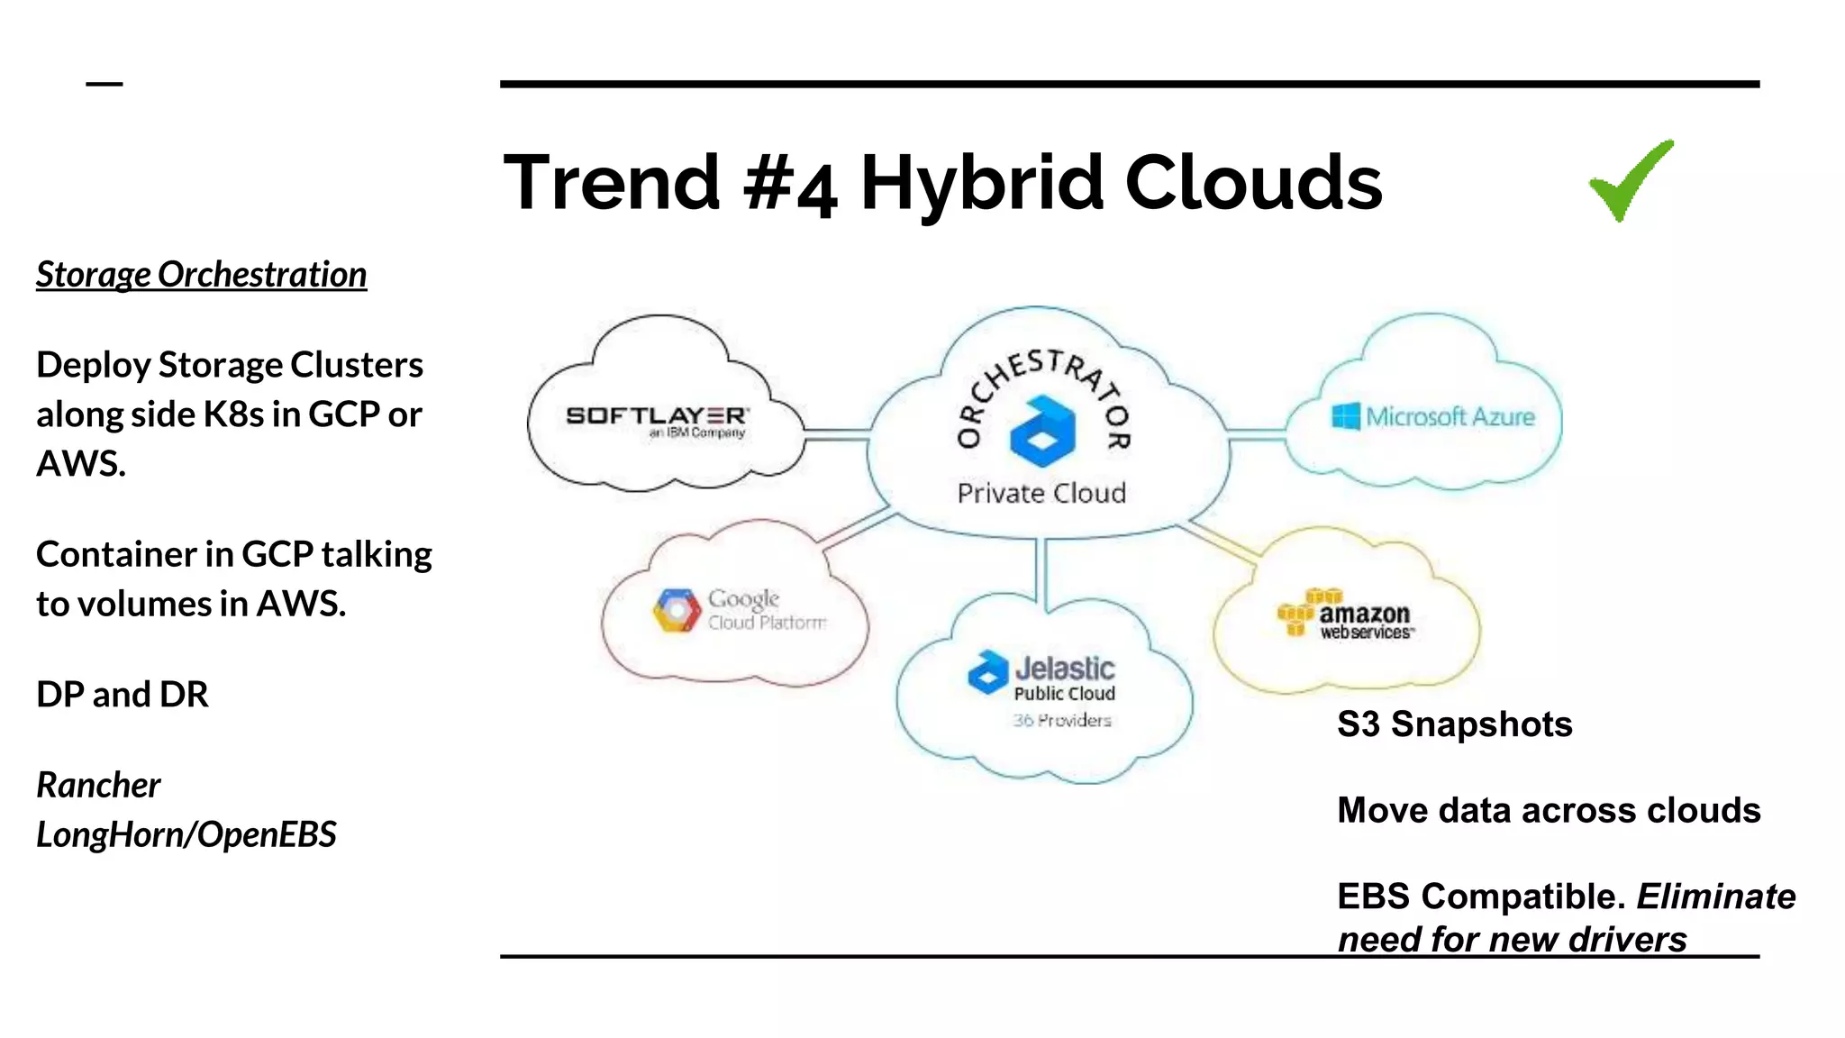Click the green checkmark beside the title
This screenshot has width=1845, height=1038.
pyautogui.click(x=1629, y=182)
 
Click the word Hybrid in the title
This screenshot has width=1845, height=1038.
pyautogui.click(x=982, y=184)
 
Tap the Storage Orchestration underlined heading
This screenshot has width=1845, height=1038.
pyautogui.click(x=201, y=275)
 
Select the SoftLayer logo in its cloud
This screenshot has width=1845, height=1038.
pyautogui.click(x=657, y=417)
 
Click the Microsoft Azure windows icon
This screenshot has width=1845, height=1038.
pyautogui.click(x=1346, y=416)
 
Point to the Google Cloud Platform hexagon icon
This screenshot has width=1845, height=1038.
pyautogui.click(x=677, y=611)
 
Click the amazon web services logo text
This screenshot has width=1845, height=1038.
pyautogui.click(x=1364, y=618)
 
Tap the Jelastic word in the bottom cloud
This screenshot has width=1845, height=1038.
pyautogui.click(x=1065, y=669)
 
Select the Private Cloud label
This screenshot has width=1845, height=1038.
pyautogui.click(x=1041, y=493)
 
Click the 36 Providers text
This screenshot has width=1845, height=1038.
pyautogui.click(x=1061, y=720)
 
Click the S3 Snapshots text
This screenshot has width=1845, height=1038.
pyautogui.click(x=1454, y=724)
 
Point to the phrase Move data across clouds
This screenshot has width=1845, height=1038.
pyautogui.click(x=1548, y=810)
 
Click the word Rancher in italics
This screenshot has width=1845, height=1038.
pyautogui.click(x=98, y=785)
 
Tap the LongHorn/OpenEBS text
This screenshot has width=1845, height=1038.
pyautogui.click(x=186, y=834)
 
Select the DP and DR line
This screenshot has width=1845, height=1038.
pyautogui.click(x=123, y=695)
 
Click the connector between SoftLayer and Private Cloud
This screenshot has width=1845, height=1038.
pyautogui.click(x=836, y=434)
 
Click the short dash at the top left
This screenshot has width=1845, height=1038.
pyautogui.click(x=105, y=84)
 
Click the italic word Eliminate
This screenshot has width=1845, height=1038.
pyautogui.click(x=1715, y=897)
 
